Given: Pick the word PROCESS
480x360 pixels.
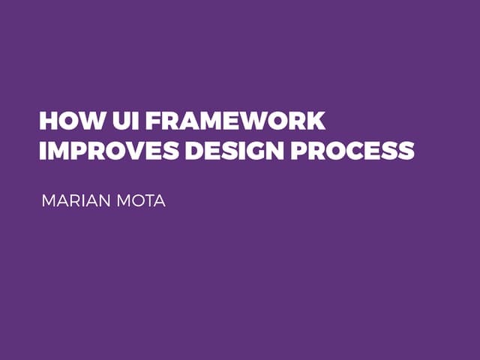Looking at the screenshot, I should click(352, 150).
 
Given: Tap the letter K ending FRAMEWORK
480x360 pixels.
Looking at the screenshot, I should click(316, 121).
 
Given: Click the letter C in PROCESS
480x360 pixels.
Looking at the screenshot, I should click(352, 150).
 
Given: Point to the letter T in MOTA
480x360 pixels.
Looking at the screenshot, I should click(148, 202).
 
